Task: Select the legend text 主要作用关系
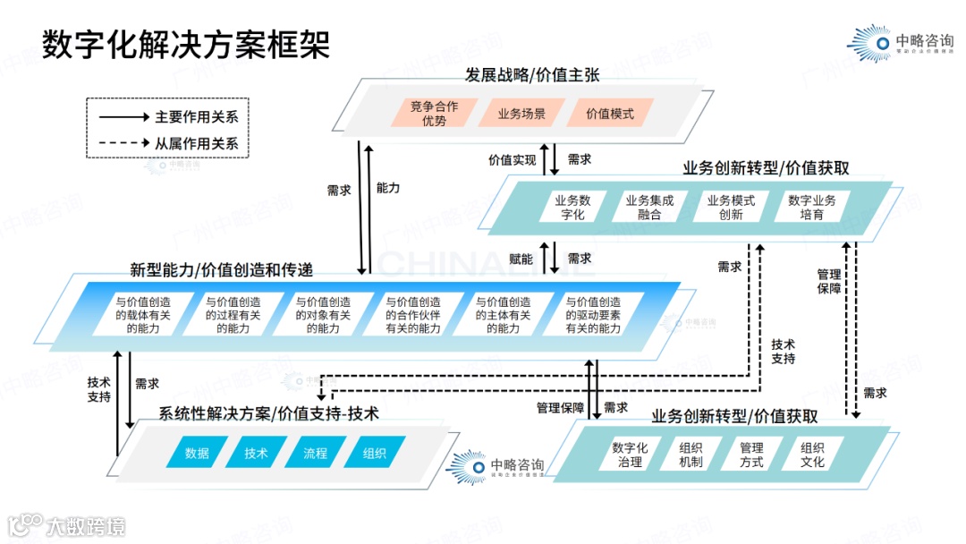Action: click(202, 116)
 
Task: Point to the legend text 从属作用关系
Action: click(202, 143)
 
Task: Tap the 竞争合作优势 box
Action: click(434, 114)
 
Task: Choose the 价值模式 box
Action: click(609, 114)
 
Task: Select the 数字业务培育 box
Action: click(812, 207)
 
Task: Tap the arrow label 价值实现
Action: click(512, 160)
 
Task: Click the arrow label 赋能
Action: click(521, 259)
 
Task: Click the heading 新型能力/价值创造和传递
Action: click(221, 269)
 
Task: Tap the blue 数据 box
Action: click(197, 453)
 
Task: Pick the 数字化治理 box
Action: click(630, 455)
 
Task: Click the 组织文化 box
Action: click(812, 455)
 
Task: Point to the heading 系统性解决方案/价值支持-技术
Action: click(268, 413)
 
